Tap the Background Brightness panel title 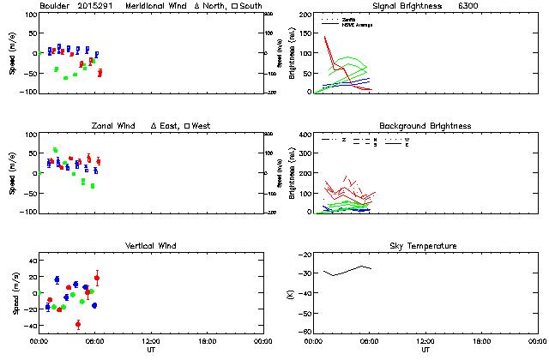click(x=425, y=126)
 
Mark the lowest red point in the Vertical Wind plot click(x=78, y=324)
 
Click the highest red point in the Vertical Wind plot click(x=96, y=278)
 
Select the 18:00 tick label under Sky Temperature click(x=481, y=341)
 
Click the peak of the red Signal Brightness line click(x=326, y=37)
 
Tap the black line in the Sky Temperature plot click(x=343, y=272)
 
